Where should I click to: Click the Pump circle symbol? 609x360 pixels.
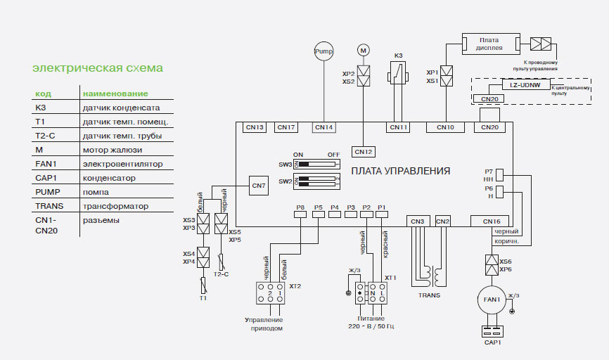point(323,51)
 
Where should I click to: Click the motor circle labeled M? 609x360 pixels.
point(364,50)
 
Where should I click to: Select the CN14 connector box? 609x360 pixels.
point(323,127)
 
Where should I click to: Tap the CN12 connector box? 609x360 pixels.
point(364,151)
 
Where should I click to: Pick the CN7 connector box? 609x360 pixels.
point(259,186)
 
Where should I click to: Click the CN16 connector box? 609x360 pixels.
point(492,221)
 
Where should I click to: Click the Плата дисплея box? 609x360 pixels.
point(490,44)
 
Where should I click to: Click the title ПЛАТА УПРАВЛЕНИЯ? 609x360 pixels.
point(401,171)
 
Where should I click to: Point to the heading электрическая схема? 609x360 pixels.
point(98,68)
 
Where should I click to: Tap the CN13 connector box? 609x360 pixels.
point(255,127)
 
